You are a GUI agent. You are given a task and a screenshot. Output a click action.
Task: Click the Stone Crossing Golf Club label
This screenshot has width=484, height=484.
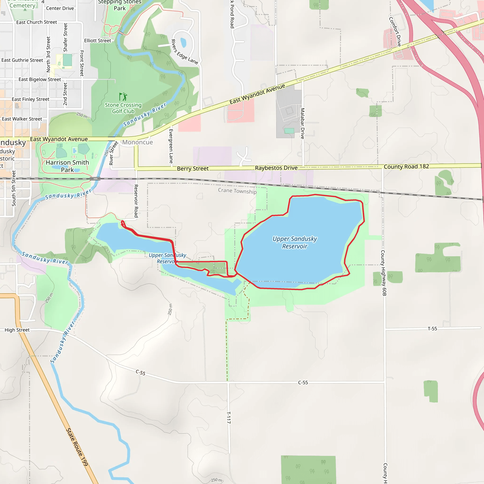tap(123, 108)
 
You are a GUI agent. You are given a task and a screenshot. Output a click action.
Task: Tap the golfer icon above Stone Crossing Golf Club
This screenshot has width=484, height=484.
tap(123, 96)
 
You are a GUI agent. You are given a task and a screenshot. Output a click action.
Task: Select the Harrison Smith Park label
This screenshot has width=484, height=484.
tap(67, 166)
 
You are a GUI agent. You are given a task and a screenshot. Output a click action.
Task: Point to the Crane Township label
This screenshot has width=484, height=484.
tap(237, 191)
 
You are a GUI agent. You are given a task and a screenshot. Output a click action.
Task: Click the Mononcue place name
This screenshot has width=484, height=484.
tap(138, 142)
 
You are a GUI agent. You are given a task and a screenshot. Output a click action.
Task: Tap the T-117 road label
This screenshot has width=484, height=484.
tap(229, 417)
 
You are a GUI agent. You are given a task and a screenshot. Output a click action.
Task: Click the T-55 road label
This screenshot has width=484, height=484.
tap(432, 329)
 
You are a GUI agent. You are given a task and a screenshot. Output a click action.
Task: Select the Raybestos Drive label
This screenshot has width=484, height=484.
tap(276, 168)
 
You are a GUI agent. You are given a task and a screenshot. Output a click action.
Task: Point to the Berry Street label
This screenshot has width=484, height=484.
tap(193, 169)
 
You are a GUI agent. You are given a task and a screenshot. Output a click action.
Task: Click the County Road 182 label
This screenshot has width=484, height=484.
tap(406, 167)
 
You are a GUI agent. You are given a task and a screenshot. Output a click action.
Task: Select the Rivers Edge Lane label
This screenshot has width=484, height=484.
tap(184, 52)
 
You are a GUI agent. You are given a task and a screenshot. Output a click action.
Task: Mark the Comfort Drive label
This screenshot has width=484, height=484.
tap(395, 32)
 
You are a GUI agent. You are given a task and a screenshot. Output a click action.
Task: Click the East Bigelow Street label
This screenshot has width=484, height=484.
tap(39, 79)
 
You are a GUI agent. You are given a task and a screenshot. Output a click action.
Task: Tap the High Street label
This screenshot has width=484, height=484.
tap(17, 330)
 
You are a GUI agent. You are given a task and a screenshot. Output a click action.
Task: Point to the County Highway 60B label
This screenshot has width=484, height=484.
tap(384, 273)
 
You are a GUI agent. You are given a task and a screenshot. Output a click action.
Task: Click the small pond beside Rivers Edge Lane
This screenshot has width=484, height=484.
tap(183, 43)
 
